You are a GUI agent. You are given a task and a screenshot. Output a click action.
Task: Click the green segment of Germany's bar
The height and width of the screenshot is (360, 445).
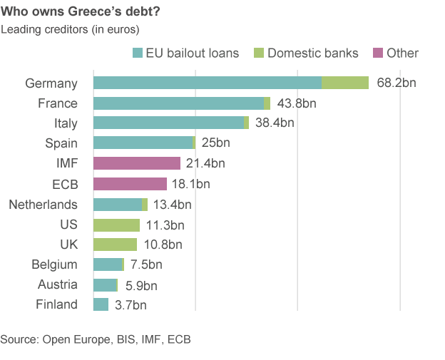(x=345, y=83)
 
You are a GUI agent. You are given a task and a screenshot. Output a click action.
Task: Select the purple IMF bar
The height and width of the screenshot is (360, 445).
(x=137, y=163)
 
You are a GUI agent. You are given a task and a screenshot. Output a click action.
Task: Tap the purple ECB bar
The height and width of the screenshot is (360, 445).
(x=130, y=184)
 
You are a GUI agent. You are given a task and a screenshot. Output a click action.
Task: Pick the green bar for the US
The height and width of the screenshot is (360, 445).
(x=116, y=225)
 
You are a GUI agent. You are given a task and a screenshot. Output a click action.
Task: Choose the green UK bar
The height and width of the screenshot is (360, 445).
(x=115, y=245)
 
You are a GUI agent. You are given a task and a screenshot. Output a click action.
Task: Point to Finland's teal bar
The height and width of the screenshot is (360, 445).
(x=101, y=305)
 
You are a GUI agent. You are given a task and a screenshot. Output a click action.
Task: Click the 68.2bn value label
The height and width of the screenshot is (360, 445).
(x=397, y=83)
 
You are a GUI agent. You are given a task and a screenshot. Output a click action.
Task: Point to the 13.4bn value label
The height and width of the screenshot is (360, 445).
(x=173, y=205)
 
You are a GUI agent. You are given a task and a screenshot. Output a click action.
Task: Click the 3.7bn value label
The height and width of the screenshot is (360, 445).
(x=131, y=306)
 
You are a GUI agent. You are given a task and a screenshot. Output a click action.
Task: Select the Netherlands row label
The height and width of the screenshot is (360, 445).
(x=43, y=205)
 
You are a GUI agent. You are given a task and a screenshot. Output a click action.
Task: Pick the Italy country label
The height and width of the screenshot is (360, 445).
(x=66, y=123)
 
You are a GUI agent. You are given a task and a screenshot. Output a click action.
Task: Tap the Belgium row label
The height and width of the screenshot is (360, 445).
(x=54, y=264)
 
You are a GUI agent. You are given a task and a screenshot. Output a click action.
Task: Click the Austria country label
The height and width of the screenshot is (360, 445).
(x=58, y=285)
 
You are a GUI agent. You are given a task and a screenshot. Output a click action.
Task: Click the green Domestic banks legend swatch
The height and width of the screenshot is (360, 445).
(x=259, y=53)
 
